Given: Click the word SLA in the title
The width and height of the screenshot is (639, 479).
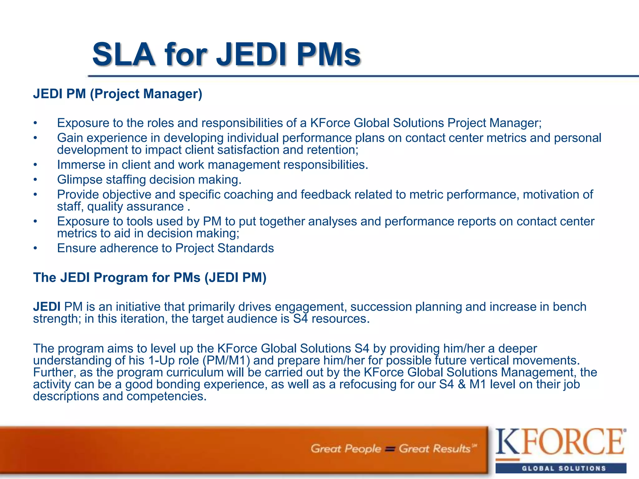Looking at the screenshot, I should (x=124, y=55).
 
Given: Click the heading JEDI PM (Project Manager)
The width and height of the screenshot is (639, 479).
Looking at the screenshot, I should (x=118, y=94).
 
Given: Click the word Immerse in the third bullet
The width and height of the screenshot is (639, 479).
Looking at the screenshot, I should (x=81, y=165).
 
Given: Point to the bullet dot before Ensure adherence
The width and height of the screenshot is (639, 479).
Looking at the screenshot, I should (x=36, y=249).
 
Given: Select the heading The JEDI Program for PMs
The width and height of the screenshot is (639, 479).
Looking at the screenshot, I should (x=150, y=278).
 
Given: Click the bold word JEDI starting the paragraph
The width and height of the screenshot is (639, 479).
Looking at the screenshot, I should (x=47, y=307).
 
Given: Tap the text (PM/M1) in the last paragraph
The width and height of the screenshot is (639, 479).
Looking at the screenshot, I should (x=226, y=360).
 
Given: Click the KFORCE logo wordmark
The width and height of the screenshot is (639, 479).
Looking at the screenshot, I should (x=560, y=442).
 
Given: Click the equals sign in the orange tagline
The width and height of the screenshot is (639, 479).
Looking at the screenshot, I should (x=390, y=449).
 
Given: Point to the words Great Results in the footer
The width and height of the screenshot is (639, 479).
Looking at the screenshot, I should (x=434, y=449).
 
